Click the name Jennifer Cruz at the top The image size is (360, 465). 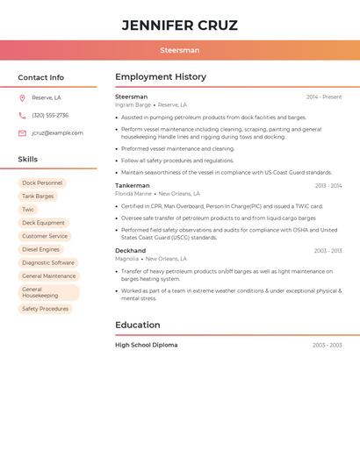tap(179, 25)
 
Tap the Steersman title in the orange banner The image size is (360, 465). tap(179, 51)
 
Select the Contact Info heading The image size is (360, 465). tap(40, 77)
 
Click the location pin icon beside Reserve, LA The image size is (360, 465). tap(22, 98)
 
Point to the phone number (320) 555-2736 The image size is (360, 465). tap(50, 116)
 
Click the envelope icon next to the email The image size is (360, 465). tap(22, 133)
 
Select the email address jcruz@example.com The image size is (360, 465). tap(57, 133)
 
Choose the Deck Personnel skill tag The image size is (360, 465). tap(42, 183)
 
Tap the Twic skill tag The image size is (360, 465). tap(28, 210)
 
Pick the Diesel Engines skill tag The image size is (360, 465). tap(40, 249)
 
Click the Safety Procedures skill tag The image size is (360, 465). tap(45, 309)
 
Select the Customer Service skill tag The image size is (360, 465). tap(45, 236)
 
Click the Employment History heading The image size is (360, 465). tap(161, 77)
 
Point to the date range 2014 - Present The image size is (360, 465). tap(324, 97)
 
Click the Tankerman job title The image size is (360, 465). tap(133, 186)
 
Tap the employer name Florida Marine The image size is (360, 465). tap(133, 194)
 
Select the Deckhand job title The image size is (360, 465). tap(131, 251)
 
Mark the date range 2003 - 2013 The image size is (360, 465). tap(328, 251)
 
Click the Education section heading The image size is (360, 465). tap(137, 325)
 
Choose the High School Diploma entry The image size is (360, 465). tap(147, 346)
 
